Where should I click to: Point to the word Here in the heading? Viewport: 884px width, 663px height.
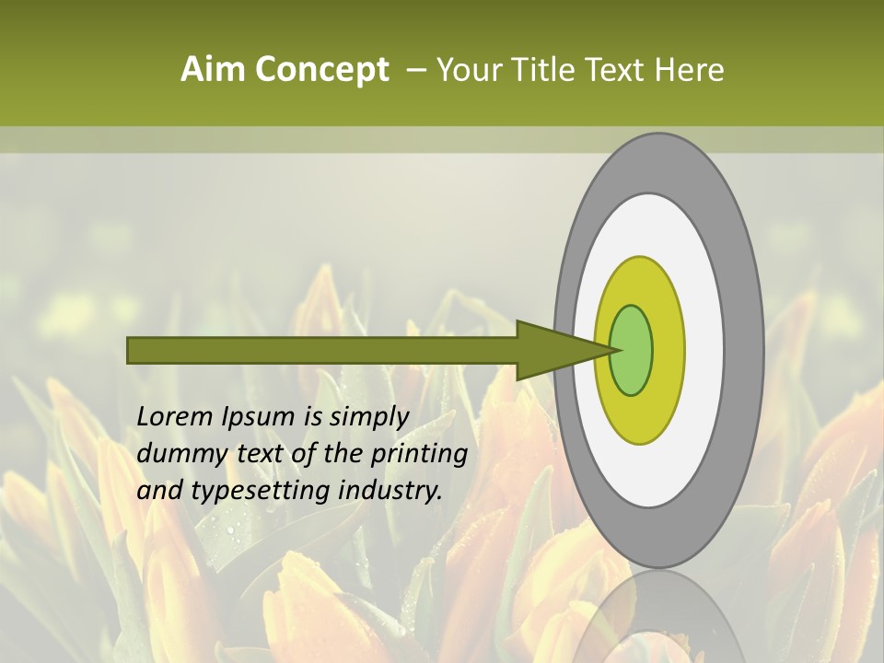[x=690, y=70]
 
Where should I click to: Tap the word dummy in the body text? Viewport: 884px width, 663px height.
[x=178, y=454]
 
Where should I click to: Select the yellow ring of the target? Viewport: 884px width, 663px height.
[x=668, y=350]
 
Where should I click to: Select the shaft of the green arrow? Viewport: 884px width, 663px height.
[x=322, y=350]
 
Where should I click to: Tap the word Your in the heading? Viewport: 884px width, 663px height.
[x=467, y=70]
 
